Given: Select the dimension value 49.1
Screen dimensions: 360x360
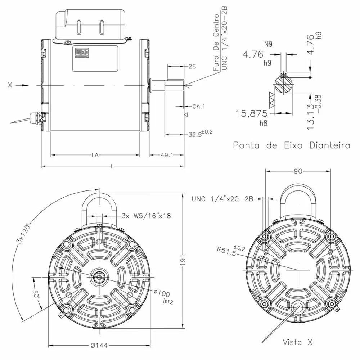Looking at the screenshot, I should point(166,155).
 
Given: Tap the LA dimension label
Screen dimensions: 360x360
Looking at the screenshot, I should point(95,155).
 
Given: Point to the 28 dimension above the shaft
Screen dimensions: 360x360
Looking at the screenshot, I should point(192,66).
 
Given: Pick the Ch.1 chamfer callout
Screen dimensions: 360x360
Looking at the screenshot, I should point(198,107).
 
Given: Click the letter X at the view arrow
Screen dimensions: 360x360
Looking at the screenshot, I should point(10,85).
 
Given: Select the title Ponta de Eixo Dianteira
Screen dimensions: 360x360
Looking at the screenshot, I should point(291,145).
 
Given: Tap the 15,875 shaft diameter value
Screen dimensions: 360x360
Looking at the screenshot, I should point(252,114).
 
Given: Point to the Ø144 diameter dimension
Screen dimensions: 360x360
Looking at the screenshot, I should point(99,345).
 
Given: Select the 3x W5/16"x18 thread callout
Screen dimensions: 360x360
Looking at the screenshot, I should point(146,216).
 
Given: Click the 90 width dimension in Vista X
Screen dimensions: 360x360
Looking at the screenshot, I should point(298,172).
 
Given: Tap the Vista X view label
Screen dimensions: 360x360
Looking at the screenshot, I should point(297,342).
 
